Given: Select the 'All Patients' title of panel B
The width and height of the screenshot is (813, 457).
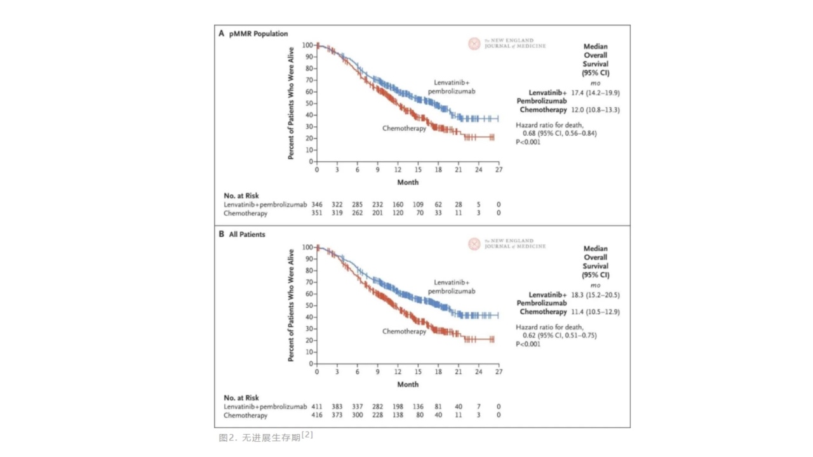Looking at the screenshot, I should click(x=247, y=234).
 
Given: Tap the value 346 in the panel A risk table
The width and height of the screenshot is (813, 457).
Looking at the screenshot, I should click(x=317, y=205).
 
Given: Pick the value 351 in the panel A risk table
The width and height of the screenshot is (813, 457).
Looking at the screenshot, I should click(x=317, y=214).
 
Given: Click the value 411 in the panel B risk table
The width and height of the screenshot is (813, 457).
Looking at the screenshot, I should click(x=317, y=406).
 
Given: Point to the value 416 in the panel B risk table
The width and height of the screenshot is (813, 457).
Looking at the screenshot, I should click(x=317, y=415).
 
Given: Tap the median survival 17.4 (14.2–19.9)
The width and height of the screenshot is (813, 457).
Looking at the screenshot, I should click(x=595, y=93).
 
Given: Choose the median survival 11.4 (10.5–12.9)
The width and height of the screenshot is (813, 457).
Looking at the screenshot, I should click(x=595, y=312).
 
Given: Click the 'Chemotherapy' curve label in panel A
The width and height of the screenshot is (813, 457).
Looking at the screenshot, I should click(x=404, y=129).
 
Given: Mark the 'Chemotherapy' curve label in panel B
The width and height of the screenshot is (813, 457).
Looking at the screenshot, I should click(x=404, y=331).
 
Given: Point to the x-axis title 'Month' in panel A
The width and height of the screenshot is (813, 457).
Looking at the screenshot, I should click(x=408, y=182).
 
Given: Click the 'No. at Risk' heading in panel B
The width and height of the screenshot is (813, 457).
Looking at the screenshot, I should click(x=241, y=398).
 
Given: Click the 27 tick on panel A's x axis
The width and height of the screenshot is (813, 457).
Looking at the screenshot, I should click(x=499, y=170).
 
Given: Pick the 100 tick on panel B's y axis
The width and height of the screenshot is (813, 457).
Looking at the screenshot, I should click(x=307, y=247).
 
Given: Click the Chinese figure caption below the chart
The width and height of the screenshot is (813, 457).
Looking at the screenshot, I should click(x=265, y=437).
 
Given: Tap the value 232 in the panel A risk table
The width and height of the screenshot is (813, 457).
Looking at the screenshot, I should click(x=378, y=205).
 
